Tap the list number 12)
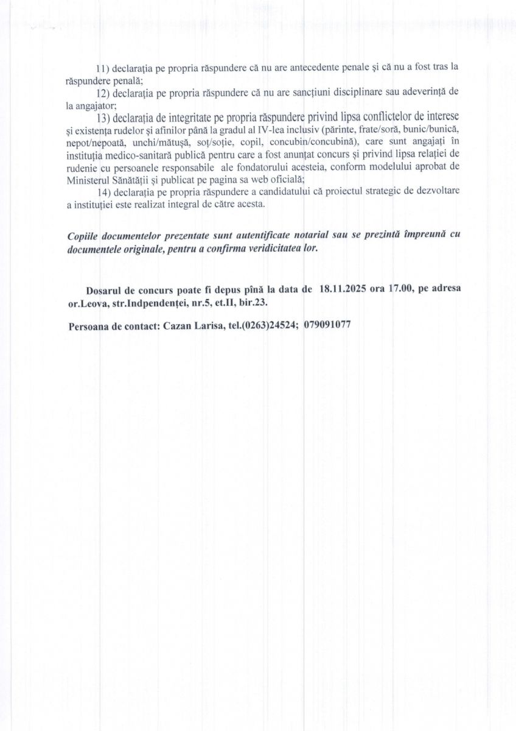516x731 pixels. click(x=102, y=92)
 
